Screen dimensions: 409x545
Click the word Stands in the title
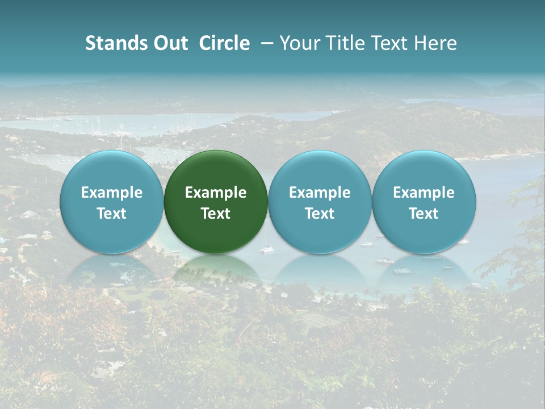pyautogui.click(x=116, y=43)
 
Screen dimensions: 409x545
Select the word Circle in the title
pyautogui.click(x=224, y=43)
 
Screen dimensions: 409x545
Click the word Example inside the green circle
pyautogui.click(x=216, y=193)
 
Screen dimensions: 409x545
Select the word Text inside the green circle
pyautogui.click(x=216, y=214)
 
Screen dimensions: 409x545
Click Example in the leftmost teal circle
pyautogui.click(x=112, y=193)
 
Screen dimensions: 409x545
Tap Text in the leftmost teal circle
pyautogui.click(x=112, y=214)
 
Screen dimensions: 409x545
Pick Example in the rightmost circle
pyautogui.click(x=424, y=193)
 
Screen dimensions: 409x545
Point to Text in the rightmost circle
pyautogui.click(x=424, y=214)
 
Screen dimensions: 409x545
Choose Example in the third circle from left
pyautogui.click(x=320, y=193)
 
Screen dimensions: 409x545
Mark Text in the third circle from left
pyautogui.click(x=320, y=214)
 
